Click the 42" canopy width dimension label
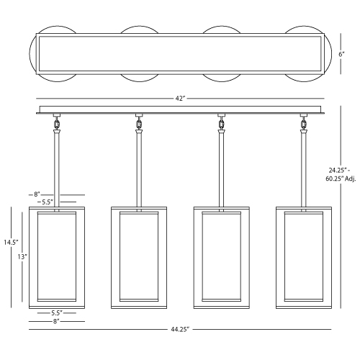click(x=180, y=99)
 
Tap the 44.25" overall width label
click(x=180, y=330)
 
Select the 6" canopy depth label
click(x=341, y=54)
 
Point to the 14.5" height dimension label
click(x=11, y=242)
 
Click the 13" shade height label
click(x=22, y=257)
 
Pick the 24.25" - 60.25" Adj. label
click(x=341, y=174)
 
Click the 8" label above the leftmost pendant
click(x=37, y=194)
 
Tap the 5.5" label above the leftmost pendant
click(x=48, y=202)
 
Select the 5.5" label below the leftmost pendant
click(x=57, y=312)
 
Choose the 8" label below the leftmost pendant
click(x=56, y=321)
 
